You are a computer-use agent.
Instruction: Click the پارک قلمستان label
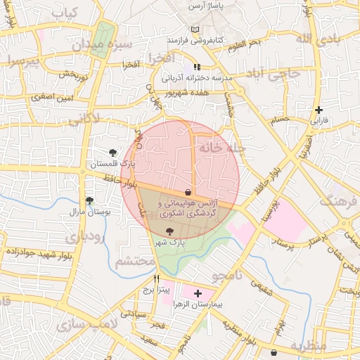click(x=112, y=165)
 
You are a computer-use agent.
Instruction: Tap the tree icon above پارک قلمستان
click(x=113, y=153)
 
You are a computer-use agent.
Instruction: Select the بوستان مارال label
click(x=87, y=211)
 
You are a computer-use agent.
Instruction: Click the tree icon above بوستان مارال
click(x=89, y=200)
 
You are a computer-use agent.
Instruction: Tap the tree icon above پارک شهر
click(x=169, y=231)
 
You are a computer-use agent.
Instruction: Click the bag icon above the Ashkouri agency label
click(x=188, y=192)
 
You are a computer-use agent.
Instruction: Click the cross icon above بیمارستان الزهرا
click(x=197, y=292)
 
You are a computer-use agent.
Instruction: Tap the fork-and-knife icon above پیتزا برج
click(x=146, y=278)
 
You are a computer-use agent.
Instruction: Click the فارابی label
click(x=319, y=121)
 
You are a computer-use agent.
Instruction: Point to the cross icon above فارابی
click(x=319, y=110)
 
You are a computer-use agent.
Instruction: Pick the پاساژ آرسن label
click(x=205, y=6)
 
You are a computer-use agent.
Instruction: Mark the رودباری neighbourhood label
click(x=86, y=238)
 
